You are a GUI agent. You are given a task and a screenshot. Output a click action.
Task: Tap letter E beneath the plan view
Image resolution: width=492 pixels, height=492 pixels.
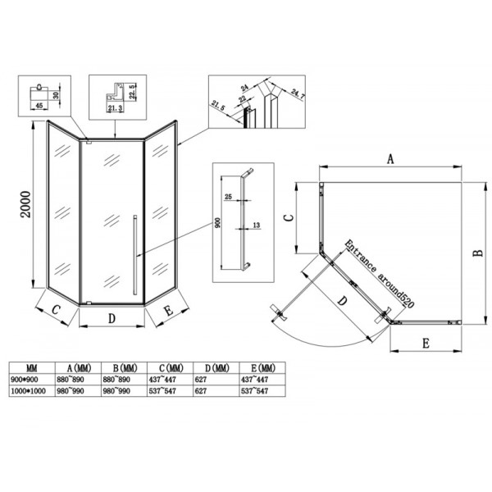pyautogui.click(x=426, y=344)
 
